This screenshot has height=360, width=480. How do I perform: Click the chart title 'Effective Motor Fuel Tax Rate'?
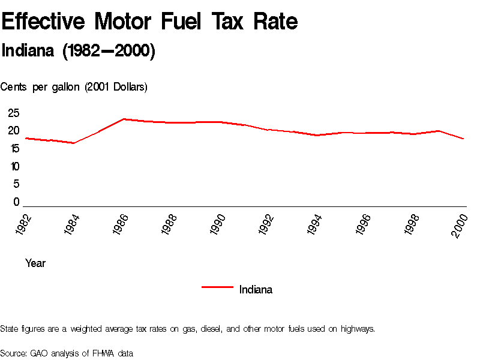(x=149, y=22)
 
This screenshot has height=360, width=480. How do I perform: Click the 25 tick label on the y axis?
(x=13, y=113)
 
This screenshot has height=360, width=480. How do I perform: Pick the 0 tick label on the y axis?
(x=16, y=202)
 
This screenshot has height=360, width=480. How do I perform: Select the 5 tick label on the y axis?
(x=16, y=184)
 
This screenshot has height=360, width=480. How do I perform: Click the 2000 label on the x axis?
(x=460, y=225)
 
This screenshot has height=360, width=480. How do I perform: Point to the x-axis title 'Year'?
(x=35, y=263)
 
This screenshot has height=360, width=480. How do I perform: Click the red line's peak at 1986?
(x=124, y=119)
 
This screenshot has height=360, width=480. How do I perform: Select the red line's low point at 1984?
(x=74, y=143)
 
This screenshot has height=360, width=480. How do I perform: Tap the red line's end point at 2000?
(x=464, y=139)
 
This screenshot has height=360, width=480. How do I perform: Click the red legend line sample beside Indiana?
(x=217, y=287)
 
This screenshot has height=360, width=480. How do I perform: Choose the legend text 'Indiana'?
(x=256, y=289)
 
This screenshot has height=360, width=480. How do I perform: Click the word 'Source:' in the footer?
(x=13, y=353)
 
